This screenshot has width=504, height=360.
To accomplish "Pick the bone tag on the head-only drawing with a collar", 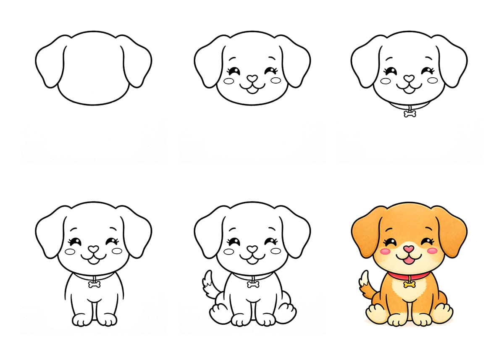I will point(409,113).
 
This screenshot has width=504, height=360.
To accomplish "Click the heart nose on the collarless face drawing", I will point(252,79).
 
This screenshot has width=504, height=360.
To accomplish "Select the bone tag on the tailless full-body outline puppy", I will point(94,284).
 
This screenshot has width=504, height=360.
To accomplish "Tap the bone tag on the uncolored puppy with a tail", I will point(252,284).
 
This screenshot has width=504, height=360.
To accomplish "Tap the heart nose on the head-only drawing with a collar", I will point(409,79).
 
